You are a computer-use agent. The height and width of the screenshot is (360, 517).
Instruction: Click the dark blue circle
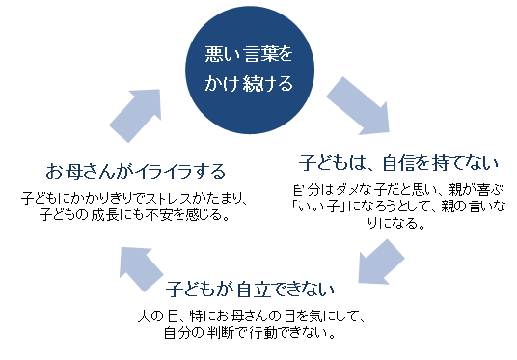click(247, 69)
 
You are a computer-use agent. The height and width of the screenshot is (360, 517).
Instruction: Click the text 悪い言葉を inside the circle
click(247, 54)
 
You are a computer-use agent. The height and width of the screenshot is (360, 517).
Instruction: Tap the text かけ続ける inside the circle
click(247, 83)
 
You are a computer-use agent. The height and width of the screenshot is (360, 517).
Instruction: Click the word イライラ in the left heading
click(159, 173)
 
